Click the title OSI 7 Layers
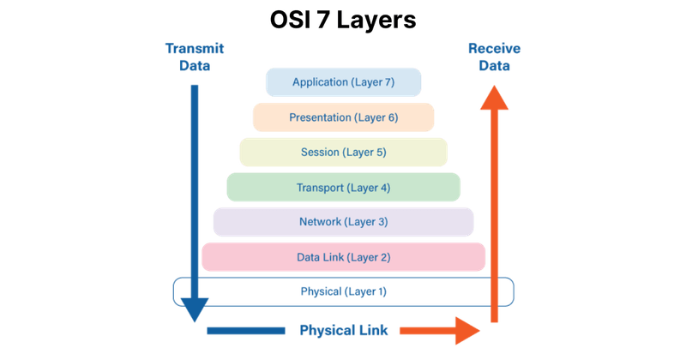(343, 21)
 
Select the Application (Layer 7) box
(343, 82)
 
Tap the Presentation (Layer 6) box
(343, 117)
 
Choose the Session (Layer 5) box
(343, 153)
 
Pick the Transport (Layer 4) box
(343, 187)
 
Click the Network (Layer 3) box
(343, 222)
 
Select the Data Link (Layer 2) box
(343, 256)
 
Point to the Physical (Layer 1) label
(343, 291)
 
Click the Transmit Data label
(194, 57)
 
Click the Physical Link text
(343, 329)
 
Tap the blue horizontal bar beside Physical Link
(246, 330)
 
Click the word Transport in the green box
(320, 187)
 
